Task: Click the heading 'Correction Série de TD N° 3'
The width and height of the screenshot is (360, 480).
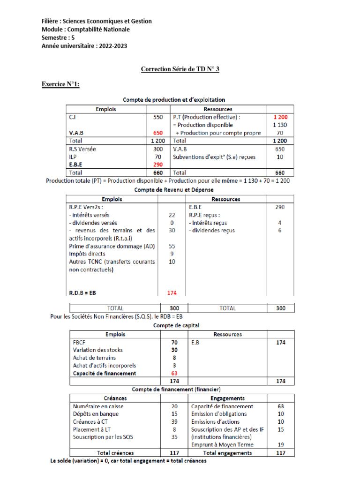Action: point(180,69)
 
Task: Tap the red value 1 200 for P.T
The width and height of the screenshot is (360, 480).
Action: point(280,117)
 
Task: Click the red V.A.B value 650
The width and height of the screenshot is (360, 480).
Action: point(158,133)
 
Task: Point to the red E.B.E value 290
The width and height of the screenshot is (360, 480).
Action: point(158,165)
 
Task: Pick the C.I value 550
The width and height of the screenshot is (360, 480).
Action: point(158,117)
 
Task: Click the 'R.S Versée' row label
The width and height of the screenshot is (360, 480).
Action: point(85,149)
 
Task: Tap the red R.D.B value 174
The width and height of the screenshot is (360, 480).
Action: point(172,293)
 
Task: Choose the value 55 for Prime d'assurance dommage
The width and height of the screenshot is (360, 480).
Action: point(172,246)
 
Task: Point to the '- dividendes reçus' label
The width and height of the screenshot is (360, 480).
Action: point(212,230)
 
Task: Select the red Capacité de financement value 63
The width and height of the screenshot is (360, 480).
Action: point(174,373)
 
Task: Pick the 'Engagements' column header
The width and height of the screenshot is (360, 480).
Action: point(227,397)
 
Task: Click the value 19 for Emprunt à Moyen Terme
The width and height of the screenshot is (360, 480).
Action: point(280,444)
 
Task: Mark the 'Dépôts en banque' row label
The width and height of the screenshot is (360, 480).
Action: point(96,414)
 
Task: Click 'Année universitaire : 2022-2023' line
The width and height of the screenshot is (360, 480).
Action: point(84,46)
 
